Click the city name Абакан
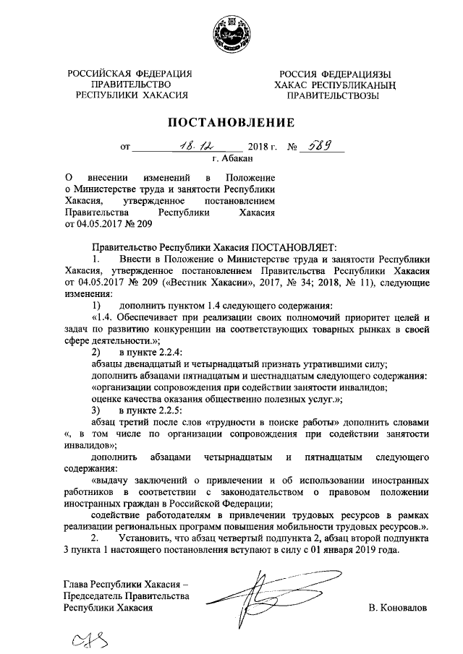237,158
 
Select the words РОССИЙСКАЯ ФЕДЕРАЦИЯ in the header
130,73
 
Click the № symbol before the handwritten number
293,146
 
